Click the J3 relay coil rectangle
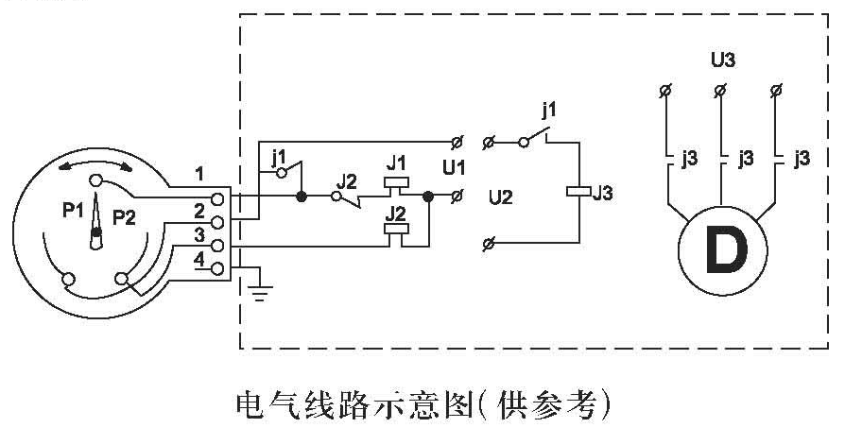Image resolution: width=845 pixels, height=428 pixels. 576,193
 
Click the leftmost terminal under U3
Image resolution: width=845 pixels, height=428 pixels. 665,91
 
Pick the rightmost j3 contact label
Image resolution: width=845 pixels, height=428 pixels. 802,158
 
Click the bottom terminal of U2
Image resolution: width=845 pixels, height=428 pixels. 488,245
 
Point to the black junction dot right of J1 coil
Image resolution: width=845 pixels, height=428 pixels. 428,197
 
